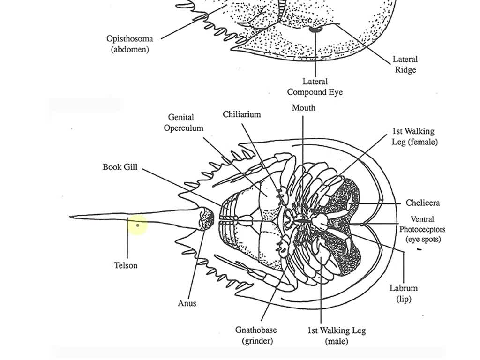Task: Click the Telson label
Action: click(x=126, y=265)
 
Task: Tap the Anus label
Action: click(x=187, y=303)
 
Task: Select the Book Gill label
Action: click(x=120, y=167)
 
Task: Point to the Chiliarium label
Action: click(x=241, y=114)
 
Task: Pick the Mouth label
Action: click(x=303, y=108)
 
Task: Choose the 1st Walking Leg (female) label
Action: click(x=414, y=136)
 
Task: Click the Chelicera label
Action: click(x=422, y=203)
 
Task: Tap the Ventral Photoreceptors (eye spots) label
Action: click(x=422, y=229)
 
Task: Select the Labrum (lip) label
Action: click(x=403, y=293)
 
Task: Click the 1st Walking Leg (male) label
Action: click(x=336, y=336)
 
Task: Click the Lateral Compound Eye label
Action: click(x=315, y=87)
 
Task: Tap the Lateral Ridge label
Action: click(x=405, y=65)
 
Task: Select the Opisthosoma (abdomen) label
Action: click(x=130, y=44)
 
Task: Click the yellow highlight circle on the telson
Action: click(x=137, y=226)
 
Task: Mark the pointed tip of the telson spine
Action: click(x=71, y=217)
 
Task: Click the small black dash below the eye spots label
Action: click(x=419, y=250)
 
